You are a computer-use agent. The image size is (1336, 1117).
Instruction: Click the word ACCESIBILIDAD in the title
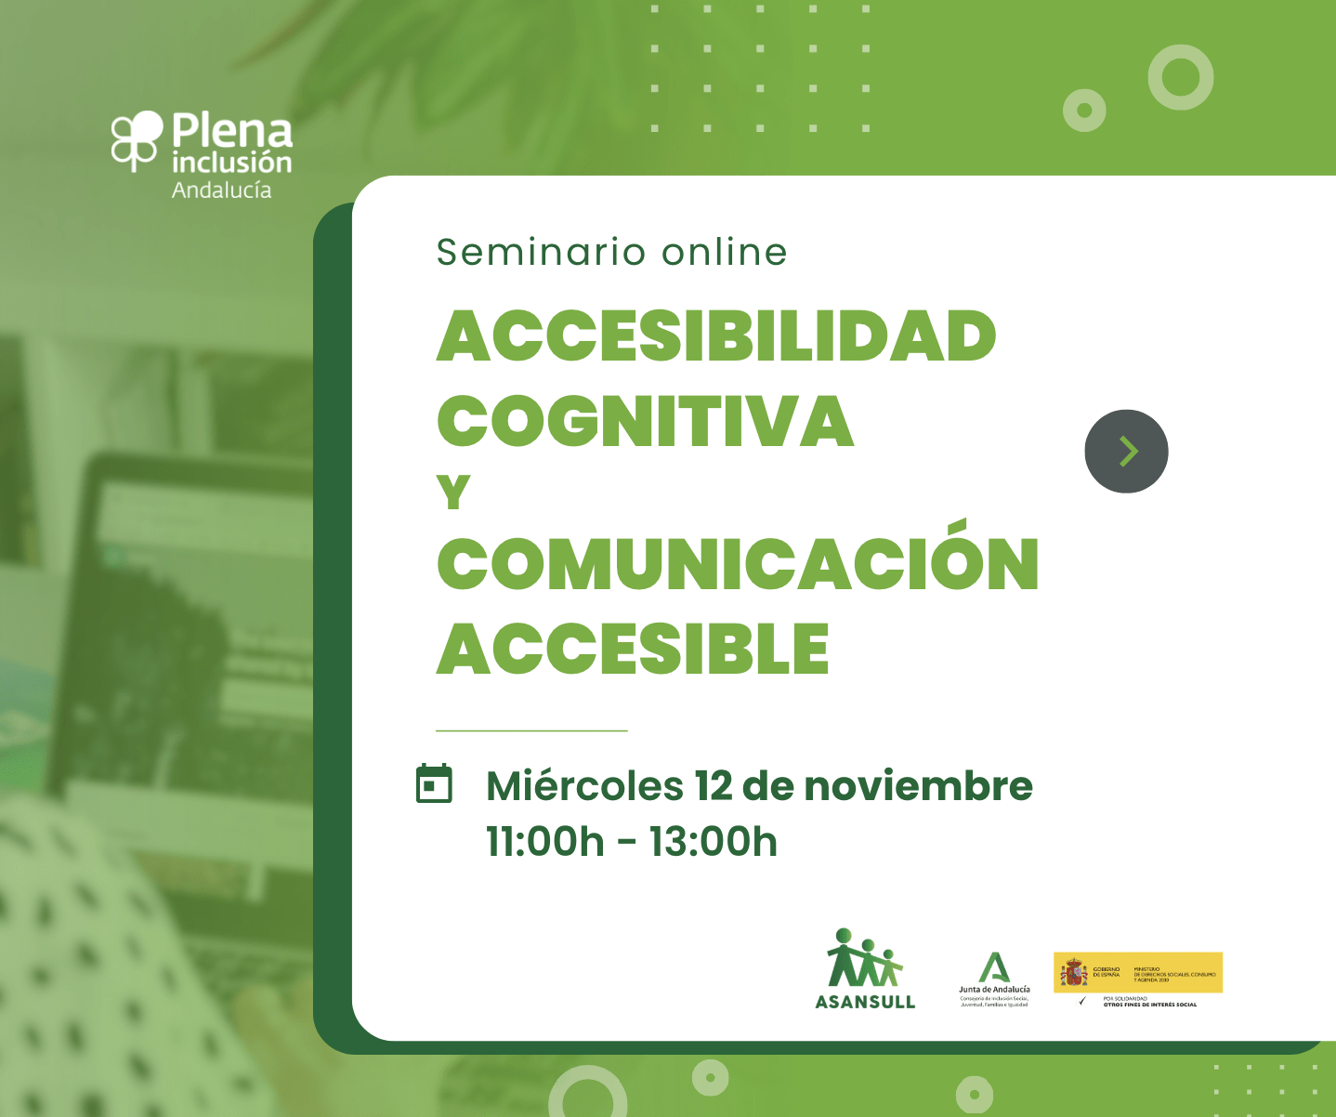[716, 335]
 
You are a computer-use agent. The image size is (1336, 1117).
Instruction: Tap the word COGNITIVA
[645, 421]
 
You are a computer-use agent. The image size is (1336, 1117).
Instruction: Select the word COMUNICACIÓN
[738, 563]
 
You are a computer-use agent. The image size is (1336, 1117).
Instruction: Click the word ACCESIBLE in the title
[633, 649]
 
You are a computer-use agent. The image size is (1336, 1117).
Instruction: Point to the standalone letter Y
[453, 493]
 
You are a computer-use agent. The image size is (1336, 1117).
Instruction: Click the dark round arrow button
[1126, 452]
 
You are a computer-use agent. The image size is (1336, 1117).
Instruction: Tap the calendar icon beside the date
[433, 784]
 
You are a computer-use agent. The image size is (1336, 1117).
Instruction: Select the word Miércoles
[584, 786]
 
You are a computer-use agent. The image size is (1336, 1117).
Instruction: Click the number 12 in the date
[713, 786]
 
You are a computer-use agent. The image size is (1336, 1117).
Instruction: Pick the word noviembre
[918, 786]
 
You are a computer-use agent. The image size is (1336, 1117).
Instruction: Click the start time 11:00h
[545, 842]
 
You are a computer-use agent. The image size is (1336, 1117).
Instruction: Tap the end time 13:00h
[713, 842]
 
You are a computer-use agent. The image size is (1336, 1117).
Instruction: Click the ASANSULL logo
[865, 970]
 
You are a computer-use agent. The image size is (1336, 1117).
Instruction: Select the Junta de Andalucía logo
[994, 979]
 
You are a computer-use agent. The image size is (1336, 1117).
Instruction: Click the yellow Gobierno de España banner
[1137, 973]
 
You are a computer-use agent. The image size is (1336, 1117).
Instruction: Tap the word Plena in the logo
[232, 131]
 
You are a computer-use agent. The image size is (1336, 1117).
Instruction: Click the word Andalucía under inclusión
[221, 191]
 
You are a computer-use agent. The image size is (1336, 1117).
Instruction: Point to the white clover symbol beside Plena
[137, 139]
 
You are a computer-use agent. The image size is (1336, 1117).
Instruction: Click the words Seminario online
[612, 252]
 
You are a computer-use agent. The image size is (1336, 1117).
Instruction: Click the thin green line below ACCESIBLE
[531, 731]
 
